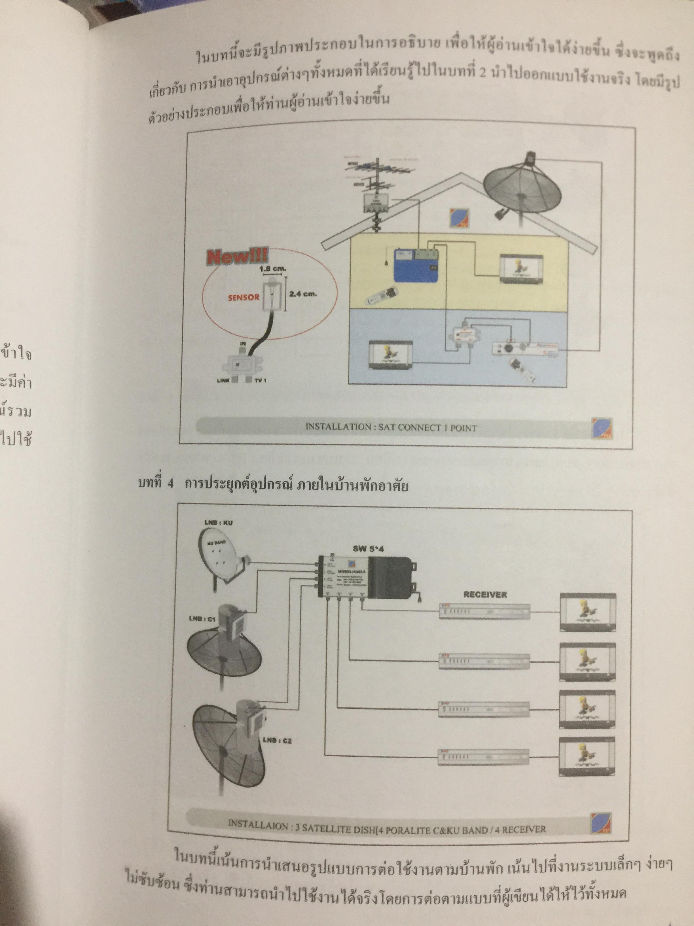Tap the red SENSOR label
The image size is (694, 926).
[244, 298]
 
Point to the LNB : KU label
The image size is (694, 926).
[218, 523]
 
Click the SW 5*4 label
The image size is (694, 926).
[368, 549]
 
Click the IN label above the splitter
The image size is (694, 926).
[242, 343]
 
